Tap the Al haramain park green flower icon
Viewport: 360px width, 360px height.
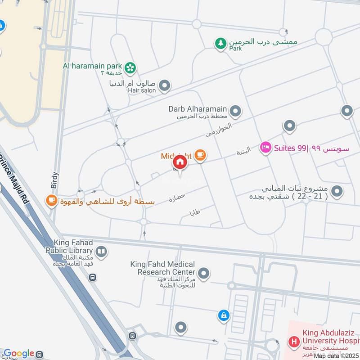tap(130, 68)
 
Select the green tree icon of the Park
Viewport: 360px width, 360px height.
tap(220, 44)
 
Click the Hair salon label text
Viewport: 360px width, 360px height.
tap(141, 90)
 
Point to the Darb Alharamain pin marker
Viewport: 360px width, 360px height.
tap(235, 110)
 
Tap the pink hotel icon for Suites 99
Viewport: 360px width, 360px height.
tap(265, 148)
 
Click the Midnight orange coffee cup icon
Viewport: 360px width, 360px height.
tap(200, 156)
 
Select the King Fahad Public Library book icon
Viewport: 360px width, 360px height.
tap(101, 251)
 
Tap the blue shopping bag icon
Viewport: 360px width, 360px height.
tap(224, 316)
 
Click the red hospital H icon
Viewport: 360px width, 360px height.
tap(294, 342)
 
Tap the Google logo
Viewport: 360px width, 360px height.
tap(18, 354)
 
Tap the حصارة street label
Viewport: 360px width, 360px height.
tap(177, 197)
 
